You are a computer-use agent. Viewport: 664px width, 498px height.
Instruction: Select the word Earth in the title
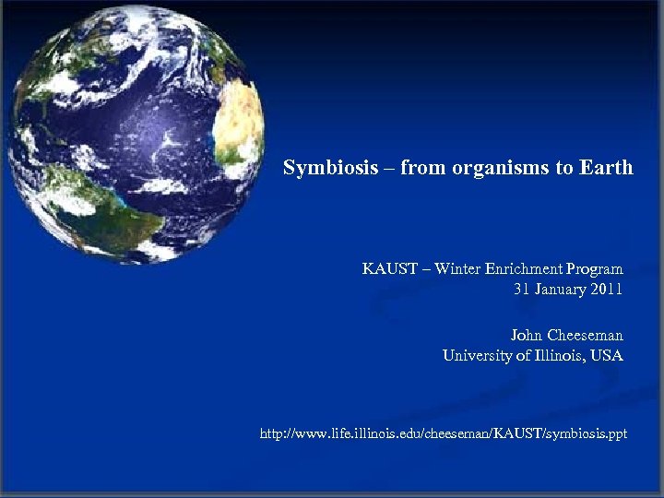[606, 168]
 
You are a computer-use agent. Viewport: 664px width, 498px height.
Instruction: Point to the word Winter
[458, 269]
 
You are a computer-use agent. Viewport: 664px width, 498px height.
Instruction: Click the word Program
[596, 269]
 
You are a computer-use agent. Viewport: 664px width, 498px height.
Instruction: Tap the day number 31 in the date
[522, 290]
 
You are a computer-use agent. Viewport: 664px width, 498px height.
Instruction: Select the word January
[563, 290]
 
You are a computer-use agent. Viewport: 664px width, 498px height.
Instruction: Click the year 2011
[607, 290]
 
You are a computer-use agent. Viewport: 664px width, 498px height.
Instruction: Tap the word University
[477, 356]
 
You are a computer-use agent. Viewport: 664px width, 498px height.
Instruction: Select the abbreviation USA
[606, 356]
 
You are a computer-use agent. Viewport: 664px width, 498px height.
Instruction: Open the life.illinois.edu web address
[444, 433]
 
